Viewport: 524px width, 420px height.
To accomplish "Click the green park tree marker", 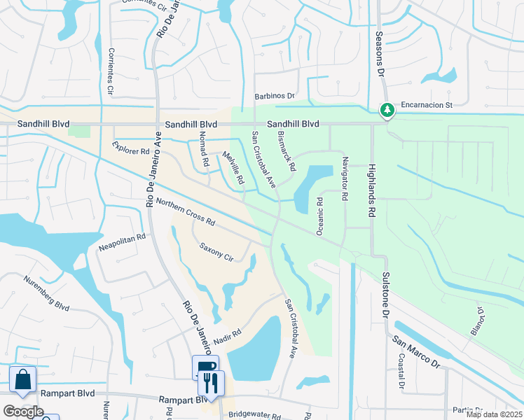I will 387,110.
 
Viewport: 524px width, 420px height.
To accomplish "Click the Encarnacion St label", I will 427,106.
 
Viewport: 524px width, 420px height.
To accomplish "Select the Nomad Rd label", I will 202,151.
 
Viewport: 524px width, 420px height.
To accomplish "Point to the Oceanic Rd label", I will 319,215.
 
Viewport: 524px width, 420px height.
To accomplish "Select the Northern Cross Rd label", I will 185,210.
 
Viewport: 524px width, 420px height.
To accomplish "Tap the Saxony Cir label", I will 216,251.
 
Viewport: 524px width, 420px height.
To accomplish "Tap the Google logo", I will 23,412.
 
